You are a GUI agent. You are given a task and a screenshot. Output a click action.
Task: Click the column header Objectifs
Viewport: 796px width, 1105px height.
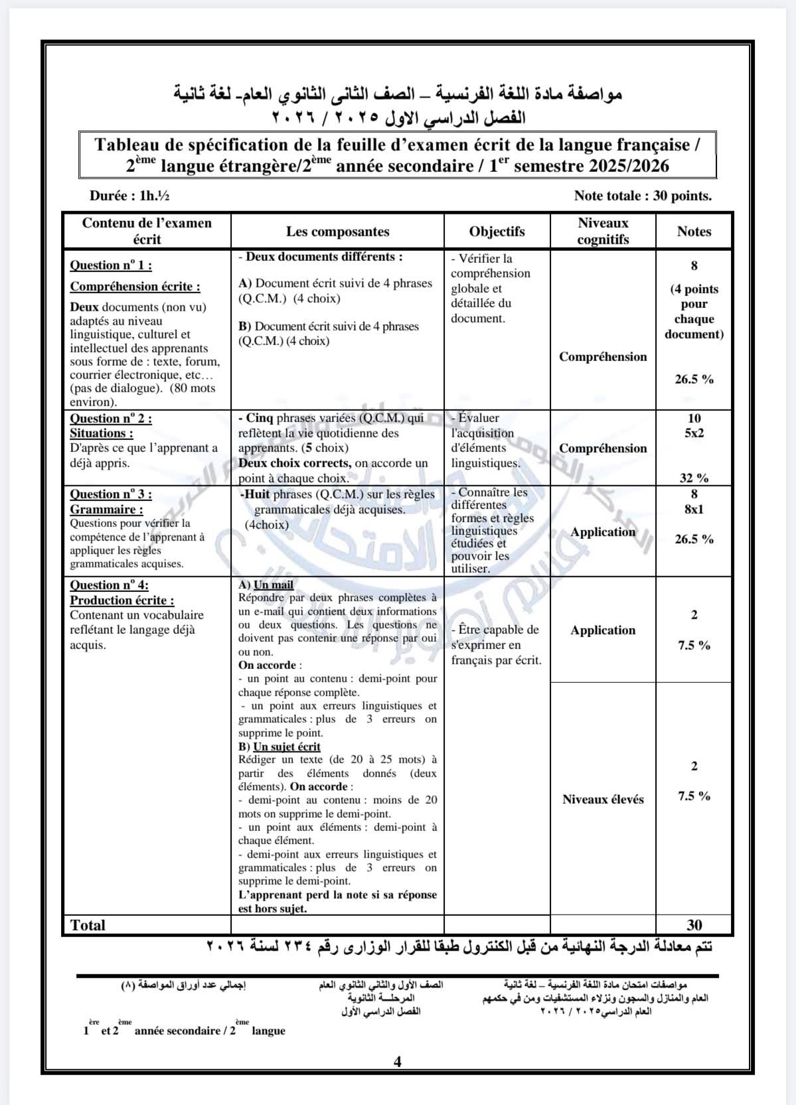(x=497, y=232)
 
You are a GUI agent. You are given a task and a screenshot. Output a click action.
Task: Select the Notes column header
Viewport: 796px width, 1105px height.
(x=694, y=232)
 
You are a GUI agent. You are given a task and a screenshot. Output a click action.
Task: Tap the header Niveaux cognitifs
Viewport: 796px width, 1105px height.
(x=603, y=231)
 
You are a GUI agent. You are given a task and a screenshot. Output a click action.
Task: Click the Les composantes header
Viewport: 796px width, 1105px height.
(x=337, y=232)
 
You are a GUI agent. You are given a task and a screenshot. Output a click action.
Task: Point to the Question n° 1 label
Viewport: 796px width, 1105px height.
(x=111, y=265)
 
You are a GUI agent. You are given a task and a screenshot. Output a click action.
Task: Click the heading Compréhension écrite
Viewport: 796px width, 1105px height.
(x=135, y=287)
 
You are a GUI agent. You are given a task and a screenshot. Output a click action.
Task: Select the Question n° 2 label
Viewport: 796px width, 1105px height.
(x=111, y=419)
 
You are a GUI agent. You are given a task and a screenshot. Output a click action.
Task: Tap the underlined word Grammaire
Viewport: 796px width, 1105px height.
(x=106, y=510)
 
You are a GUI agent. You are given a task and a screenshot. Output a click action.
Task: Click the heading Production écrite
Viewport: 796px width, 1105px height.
(x=122, y=601)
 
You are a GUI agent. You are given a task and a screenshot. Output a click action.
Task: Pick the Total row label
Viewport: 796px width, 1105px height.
(x=88, y=925)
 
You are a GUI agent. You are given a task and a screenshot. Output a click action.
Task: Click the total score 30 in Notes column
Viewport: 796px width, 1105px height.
(x=694, y=925)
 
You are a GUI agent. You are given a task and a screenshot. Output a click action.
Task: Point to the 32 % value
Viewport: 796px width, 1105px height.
(x=694, y=478)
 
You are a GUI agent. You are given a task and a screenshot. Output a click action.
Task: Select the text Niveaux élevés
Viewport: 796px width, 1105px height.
(x=603, y=800)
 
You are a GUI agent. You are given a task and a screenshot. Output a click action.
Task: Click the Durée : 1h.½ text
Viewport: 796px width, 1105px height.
(x=125, y=196)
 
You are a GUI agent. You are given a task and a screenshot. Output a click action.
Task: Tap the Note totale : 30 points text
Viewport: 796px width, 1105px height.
(x=643, y=196)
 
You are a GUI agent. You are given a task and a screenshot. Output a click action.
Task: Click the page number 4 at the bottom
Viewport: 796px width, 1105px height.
(x=398, y=1062)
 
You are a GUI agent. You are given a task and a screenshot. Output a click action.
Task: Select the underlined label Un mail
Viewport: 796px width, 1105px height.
(x=273, y=585)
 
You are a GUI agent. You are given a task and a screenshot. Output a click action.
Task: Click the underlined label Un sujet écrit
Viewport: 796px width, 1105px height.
(x=286, y=747)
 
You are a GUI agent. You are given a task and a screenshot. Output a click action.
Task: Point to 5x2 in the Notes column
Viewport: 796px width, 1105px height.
(x=694, y=433)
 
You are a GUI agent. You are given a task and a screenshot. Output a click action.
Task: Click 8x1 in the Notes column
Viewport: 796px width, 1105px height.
(x=694, y=510)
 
